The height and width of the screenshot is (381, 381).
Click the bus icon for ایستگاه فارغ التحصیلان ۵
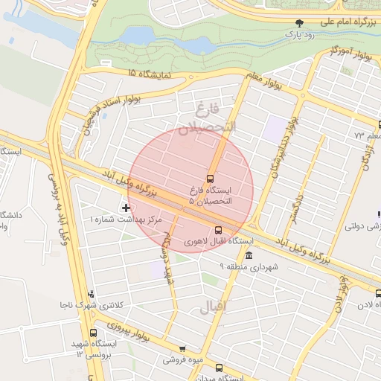point(211,179)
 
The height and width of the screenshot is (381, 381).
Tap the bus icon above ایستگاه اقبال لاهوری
point(218,230)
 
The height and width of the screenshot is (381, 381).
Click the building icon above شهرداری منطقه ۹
point(248,256)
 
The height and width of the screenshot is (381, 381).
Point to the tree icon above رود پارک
point(300,23)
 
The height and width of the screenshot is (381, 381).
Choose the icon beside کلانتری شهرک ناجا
point(91,294)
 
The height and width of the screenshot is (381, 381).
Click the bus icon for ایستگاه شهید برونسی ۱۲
point(93,333)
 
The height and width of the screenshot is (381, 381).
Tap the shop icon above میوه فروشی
point(182,348)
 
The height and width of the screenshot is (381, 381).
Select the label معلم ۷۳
point(368,136)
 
